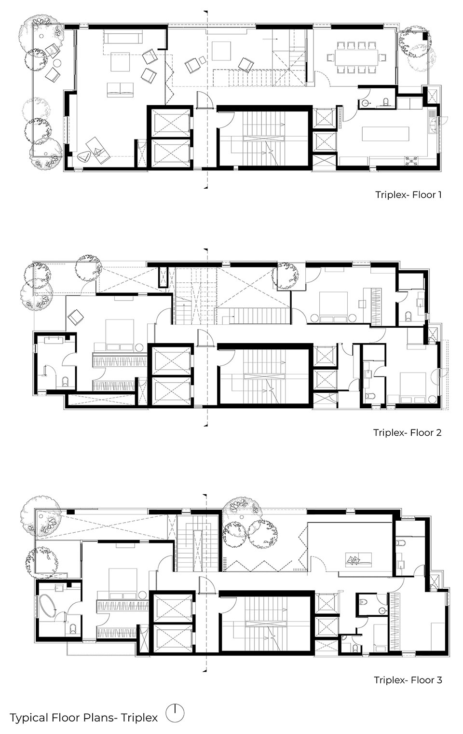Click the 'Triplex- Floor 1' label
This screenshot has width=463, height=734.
coord(409,195)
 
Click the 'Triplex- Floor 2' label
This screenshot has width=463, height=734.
coord(408,432)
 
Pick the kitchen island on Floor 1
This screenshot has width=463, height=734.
coord(385,134)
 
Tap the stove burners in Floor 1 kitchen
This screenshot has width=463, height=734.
coord(412,160)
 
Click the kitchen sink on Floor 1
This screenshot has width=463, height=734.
coord(432,122)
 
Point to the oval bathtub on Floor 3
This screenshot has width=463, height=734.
coord(48,606)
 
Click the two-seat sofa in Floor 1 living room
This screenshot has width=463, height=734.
coord(120,90)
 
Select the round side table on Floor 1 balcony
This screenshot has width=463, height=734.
coord(57,63)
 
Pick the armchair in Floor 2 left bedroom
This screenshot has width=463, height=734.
coord(76,317)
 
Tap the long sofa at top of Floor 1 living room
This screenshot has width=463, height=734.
coord(123,36)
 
